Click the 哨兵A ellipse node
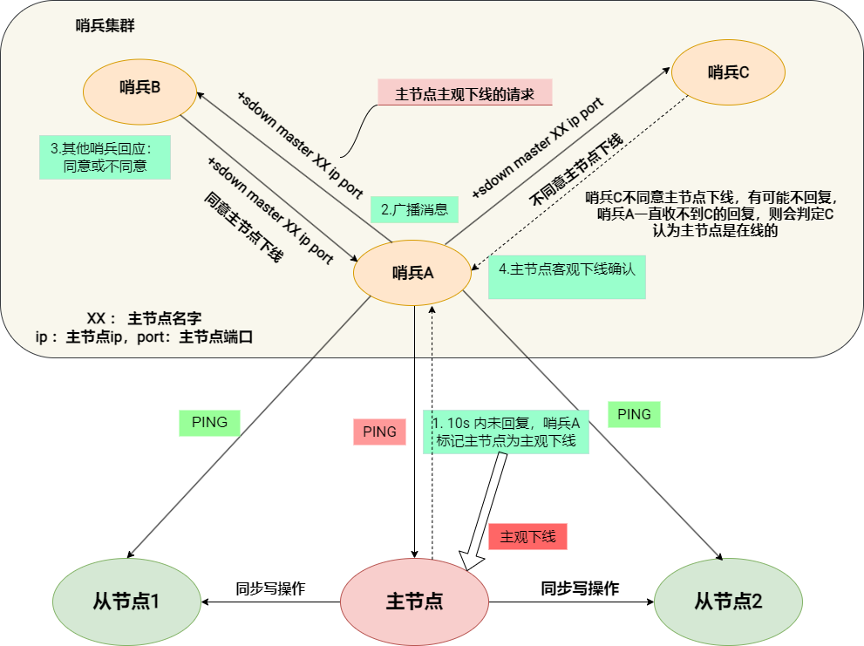[412, 273]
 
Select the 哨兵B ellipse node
[139, 87]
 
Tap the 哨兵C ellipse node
[728, 72]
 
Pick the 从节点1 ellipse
[126, 602]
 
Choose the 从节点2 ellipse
[728, 602]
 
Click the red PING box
[379, 432]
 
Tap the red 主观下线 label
[527, 536]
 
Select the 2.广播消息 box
[414, 209]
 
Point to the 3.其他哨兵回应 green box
[105, 157]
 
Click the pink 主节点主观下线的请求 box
[465, 93]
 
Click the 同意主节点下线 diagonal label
[243, 226]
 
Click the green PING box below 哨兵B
[209, 423]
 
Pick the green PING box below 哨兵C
[634, 415]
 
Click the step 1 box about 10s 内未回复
[506, 432]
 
